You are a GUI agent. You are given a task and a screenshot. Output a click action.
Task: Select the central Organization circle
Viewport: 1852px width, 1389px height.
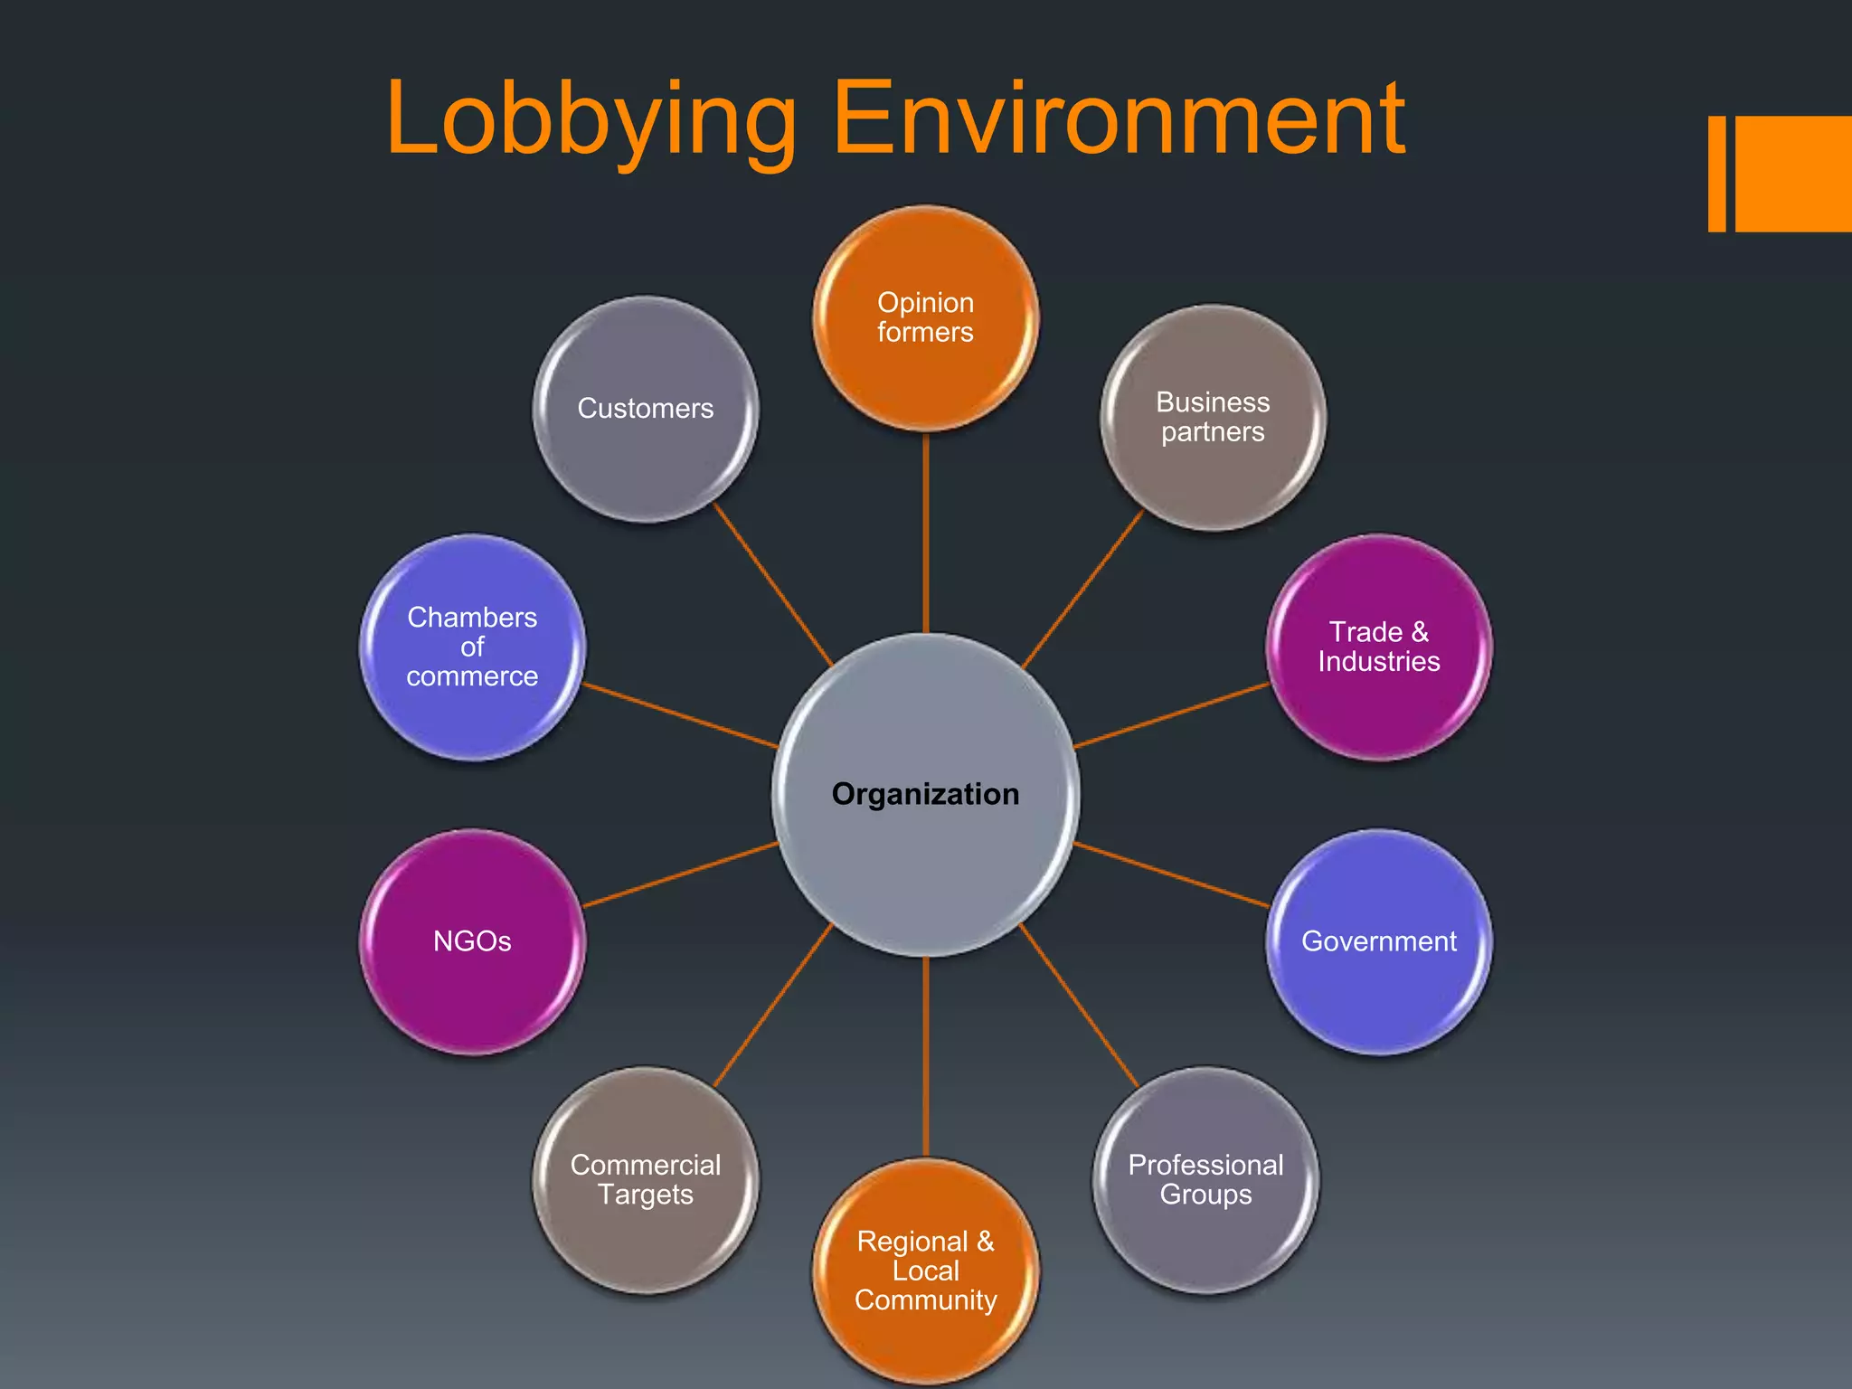(925, 794)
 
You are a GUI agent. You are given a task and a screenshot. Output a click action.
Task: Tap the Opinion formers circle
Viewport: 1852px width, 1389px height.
(925, 318)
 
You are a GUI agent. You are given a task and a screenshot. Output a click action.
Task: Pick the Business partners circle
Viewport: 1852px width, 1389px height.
(1213, 417)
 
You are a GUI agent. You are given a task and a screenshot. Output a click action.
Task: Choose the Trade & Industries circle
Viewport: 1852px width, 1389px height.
(1378, 647)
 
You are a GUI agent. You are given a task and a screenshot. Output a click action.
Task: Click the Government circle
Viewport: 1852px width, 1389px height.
(1378, 941)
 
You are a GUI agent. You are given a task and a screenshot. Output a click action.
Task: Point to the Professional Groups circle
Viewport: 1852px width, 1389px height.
(1205, 1179)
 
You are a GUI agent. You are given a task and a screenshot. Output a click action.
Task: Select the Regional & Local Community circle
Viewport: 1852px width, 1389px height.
(925, 1271)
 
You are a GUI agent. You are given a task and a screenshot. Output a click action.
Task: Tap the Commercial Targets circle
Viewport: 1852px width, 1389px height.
(646, 1179)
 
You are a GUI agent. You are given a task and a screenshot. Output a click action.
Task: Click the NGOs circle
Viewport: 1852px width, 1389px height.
(472, 941)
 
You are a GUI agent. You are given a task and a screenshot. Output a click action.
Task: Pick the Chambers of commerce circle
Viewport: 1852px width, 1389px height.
(472, 647)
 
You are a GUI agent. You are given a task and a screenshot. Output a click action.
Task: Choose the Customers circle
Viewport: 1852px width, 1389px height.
(646, 409)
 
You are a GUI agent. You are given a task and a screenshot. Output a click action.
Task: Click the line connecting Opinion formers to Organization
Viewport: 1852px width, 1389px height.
(926, 534)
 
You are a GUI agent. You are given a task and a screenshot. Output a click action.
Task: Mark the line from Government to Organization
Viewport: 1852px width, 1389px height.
(1172, 874)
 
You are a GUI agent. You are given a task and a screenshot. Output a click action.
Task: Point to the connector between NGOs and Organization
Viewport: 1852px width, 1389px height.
(680, 874)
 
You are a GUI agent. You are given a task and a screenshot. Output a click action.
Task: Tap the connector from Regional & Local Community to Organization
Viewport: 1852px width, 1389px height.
(926, 1058)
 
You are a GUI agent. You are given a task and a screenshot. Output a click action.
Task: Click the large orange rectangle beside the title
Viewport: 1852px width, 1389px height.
(1793, 174)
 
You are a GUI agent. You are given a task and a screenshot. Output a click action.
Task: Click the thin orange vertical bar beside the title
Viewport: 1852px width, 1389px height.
(1716, 174)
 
